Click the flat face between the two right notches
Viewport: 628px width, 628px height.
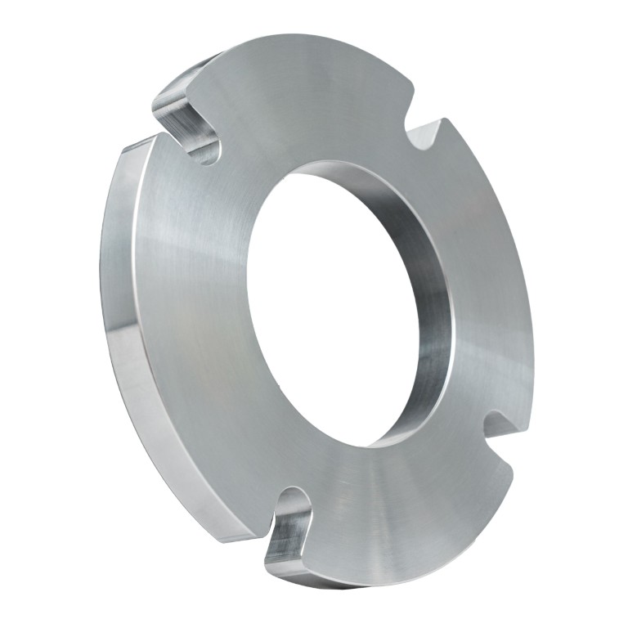coord(491,278)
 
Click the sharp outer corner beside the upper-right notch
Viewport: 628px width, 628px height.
coord(446,120)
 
